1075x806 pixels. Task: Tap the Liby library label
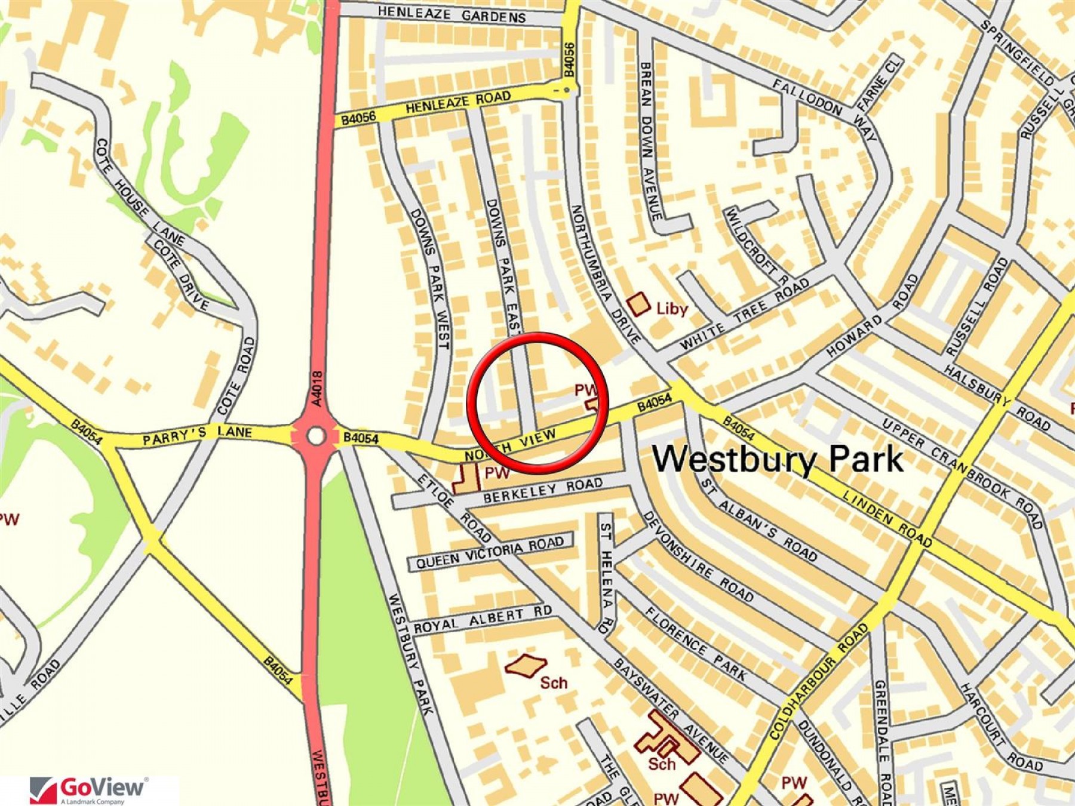click(672, 309)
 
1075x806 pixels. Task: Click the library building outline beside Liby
click(638, 304)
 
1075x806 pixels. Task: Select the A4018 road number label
click(317, 389)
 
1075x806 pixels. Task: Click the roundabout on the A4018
click(316, 436)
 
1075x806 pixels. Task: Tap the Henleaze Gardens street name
click(451, 14)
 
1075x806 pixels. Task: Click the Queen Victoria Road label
click(490, 553)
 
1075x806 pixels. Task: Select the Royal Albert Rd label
click(483, 619)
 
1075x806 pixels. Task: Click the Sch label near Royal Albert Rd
click(553, 682)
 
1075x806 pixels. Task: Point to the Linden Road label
click(887, 518)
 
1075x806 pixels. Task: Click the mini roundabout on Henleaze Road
click(566, 90)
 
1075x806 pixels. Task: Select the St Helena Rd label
click(606, 576)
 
